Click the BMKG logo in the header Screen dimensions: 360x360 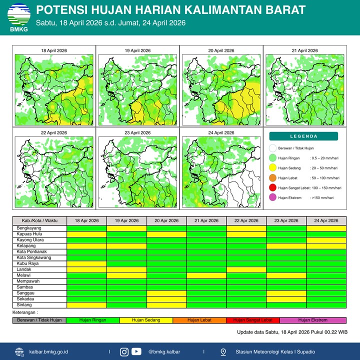pos(18,17)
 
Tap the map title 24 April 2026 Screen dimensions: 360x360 pos(220,133)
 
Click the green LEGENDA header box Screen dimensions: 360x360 pos(303,136)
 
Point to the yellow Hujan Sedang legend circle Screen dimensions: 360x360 pos(272,168)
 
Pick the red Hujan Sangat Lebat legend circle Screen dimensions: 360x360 pos(272,187)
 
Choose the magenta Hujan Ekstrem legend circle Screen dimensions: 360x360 pos(272,197)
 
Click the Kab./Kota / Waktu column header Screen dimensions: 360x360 pos(39,220)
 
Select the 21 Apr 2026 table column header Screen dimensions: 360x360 pos(206,220)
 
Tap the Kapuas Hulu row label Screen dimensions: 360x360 pos(29,234)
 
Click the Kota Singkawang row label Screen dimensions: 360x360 pos(33,257)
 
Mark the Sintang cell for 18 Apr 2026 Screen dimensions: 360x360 pos(86,305)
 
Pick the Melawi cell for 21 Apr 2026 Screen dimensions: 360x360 pos(206,275)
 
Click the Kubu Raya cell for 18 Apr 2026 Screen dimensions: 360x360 pos(86,263)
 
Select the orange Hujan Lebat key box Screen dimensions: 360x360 pos(199,320)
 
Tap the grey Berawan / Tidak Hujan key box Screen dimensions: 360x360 pos(39,320)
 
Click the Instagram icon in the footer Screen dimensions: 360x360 pos(124,351)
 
